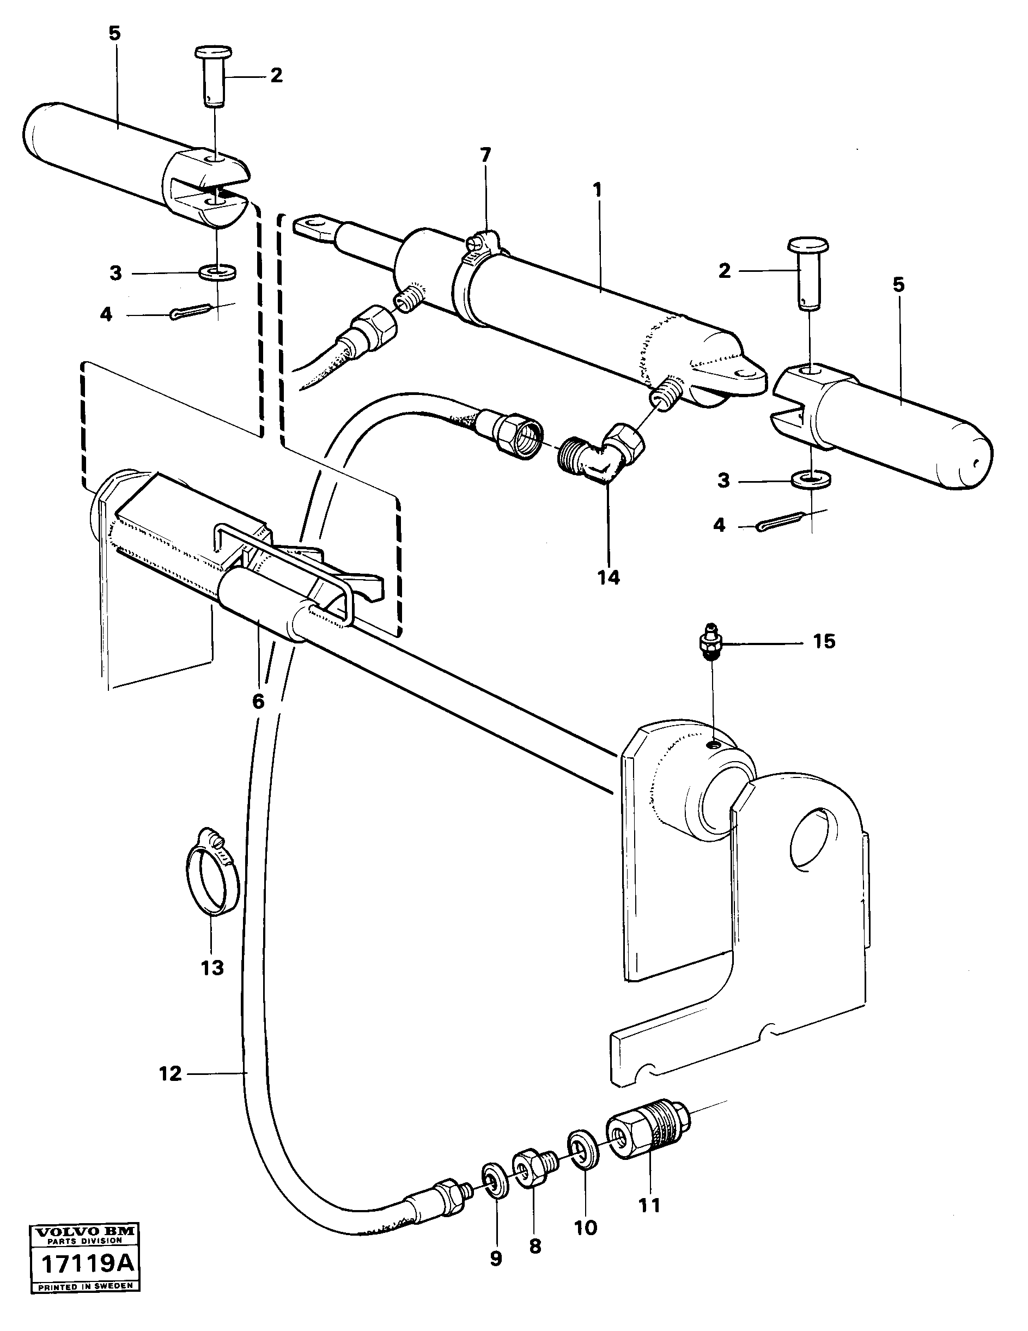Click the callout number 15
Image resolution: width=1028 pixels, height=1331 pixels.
click(823, 642)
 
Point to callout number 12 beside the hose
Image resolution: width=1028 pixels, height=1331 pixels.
click(171, 1074)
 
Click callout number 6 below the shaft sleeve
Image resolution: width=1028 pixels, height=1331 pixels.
click(258, 701)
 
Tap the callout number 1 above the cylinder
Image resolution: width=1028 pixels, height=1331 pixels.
click(597, 190)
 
